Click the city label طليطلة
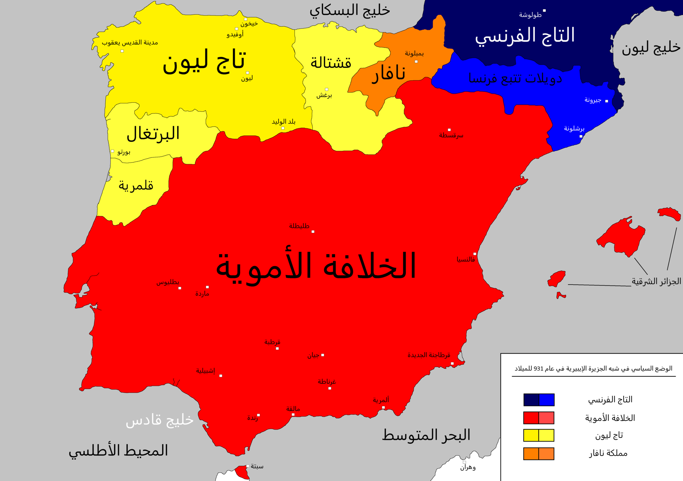pyautogui.click(x=299, y=226)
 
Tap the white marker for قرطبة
pyautogui.click(x=277, y=348)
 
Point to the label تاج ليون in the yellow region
pyautogui.click(x=204, y=61)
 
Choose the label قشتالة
pyautogui.click(x=331, y=63)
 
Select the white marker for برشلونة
pyautogui.click(x=581, y=136)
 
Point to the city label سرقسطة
pyautogui.click(x=451, y=135)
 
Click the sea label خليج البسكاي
pyautogui.click(x=350, y=11)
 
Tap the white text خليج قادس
pyautogui.click(x=159, y=420)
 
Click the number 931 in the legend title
pyautogui.click(x=538, y=369)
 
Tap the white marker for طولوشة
pyautogui.click(x=544, y=11)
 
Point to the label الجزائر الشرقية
pyautogui.click(x=656, y=282)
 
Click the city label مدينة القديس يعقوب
pyautogui.click(x=130, y=43)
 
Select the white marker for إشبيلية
pyautogui.click(x=221, y=376)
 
